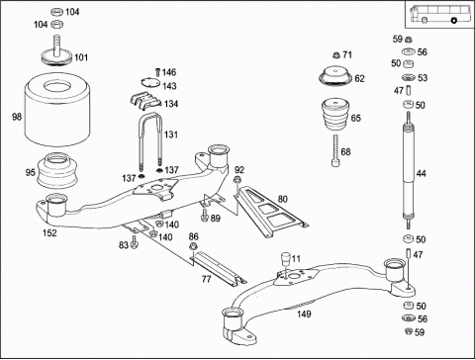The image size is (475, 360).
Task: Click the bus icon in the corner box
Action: coord(439,14)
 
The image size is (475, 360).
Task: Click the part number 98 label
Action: coord(17,117)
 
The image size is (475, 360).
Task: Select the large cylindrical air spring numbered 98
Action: coord(57,109)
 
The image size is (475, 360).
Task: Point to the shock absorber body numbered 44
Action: coord(409,171)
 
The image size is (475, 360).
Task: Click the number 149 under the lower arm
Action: coord(304,314)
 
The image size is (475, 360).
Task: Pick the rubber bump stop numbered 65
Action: coord(336,115)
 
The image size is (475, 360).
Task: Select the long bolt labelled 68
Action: coord(334,150)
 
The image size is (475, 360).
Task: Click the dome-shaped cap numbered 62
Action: coord(335,77)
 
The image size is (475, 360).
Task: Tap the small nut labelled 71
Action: coord(336,55)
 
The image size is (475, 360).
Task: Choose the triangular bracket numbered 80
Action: coord(271,210)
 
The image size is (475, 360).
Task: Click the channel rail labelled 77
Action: coord(219,266)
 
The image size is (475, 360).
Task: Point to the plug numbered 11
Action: coord(285,258)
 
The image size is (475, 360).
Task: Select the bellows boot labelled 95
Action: coord(57,171)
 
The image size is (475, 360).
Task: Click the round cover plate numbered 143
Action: coord(150,82)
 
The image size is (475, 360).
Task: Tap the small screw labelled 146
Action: coord(157,72)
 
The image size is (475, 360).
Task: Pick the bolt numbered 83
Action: coord(134,242)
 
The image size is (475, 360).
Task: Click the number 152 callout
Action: coord(49,232)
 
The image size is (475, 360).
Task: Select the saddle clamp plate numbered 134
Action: coord(145,101)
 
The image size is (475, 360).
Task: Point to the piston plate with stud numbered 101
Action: coord(56,54)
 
